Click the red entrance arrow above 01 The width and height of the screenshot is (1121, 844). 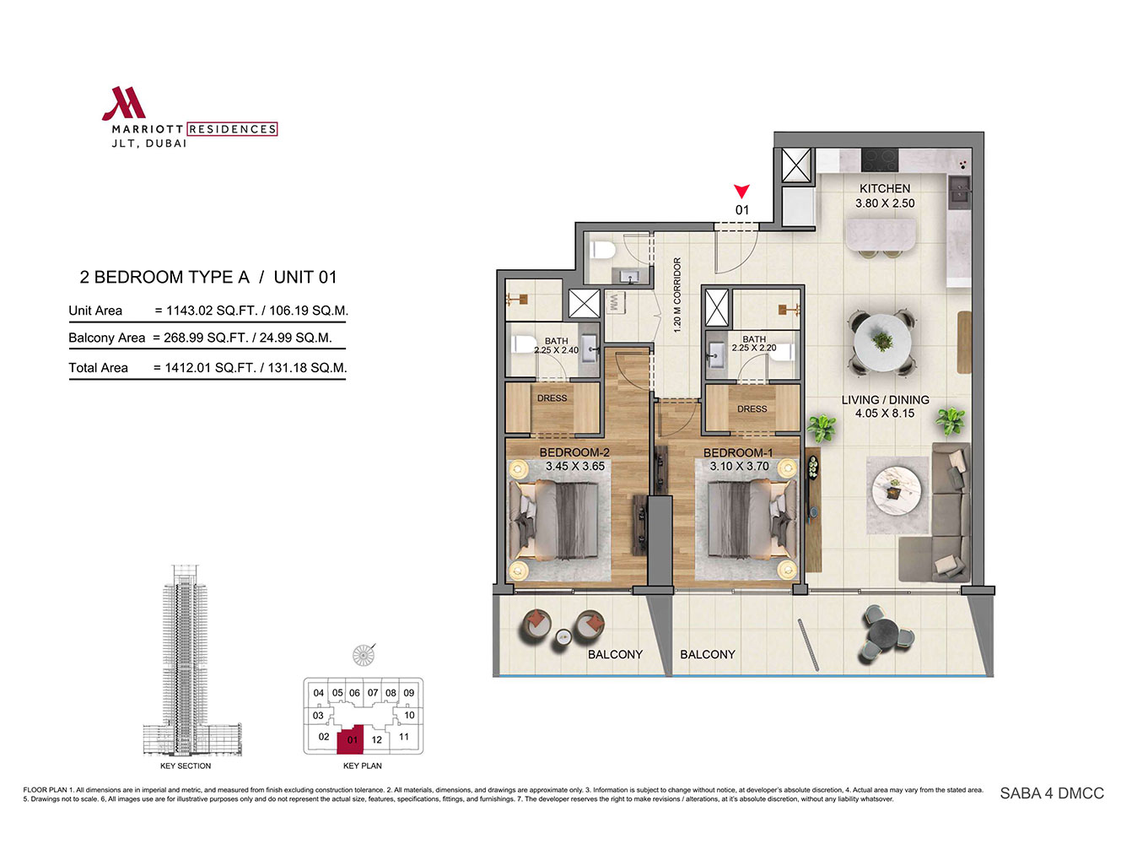pos(741,191)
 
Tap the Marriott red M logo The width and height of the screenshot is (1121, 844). pos(124,103)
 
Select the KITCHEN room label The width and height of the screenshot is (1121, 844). pos(885,188)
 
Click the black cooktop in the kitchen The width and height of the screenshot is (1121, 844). pos(880,160)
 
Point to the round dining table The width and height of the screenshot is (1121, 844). pos(882,343)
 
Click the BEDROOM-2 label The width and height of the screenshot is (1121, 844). pos(574,452)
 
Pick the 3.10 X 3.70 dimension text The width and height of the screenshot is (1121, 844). pos(739,466)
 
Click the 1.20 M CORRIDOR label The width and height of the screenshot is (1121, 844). pos(677,295)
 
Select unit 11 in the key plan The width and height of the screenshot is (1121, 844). pos(403,736)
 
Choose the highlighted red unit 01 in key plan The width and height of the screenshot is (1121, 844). pos(350,738)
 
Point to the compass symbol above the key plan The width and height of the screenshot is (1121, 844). pos(363,654)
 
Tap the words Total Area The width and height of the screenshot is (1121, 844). pos(98,368)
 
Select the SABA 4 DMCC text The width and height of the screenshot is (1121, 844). pos(1052,793)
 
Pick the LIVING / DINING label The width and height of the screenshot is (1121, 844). pos(885,399)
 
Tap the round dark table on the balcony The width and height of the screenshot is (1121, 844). pos(887,635)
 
